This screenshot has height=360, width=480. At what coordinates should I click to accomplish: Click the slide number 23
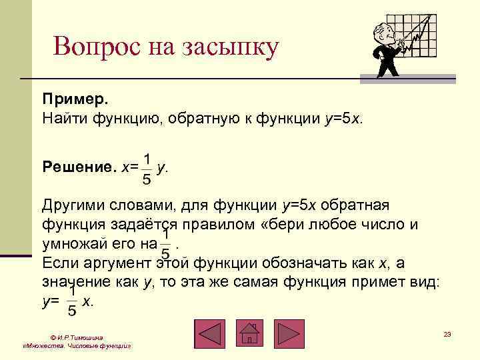coord(447,333)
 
